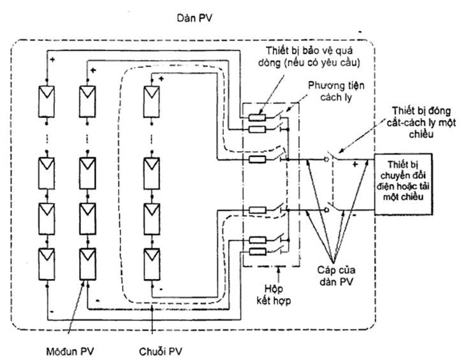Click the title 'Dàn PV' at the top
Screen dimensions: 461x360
point(194,18)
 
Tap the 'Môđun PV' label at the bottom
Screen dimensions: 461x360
point(70,351)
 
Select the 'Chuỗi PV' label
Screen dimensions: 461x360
point(160,351)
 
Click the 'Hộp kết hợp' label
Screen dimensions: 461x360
point(274,295)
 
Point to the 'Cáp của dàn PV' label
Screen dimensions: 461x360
point(336,276)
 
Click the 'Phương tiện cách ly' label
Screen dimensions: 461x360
point(336,91)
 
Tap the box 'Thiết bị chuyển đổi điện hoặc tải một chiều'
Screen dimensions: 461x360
point(403,184)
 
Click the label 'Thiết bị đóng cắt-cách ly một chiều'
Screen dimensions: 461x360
point(421,122)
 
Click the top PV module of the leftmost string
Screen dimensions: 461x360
point(47,101)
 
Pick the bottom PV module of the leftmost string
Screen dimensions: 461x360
point(47,264)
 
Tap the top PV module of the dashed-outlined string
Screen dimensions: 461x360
point(151,101)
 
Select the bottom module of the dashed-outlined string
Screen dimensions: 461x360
point(152,264)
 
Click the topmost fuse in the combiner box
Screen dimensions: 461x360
point(257,117)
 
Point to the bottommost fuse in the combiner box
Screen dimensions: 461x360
point(257,251)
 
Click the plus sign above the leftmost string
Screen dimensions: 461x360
point(52,60)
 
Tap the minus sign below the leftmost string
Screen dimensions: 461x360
point(52,311)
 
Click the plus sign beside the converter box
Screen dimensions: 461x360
point(355,164)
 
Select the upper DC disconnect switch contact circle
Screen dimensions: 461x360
point(326,160)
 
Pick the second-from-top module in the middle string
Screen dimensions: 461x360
point(87,174)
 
